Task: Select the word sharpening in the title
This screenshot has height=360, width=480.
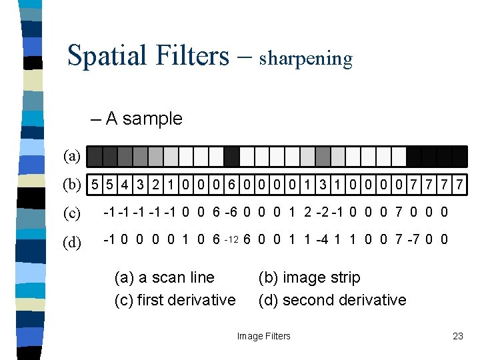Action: (305, 59)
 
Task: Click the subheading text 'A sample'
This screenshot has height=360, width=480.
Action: (143, 119)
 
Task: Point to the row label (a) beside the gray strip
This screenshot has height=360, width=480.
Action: (72, 157)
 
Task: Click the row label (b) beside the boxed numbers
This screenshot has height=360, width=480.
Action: (72, 183)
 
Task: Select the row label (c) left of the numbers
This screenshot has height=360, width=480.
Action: (72, 213)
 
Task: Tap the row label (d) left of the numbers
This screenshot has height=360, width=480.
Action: (72, 241)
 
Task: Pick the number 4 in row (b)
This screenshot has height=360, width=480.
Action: (125, 183)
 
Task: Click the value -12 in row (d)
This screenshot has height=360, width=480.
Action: (231, 240)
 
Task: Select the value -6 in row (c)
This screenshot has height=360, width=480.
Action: (231, 213)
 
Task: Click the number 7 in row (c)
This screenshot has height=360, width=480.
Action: (399, 213)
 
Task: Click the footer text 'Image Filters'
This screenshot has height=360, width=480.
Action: (264, 336)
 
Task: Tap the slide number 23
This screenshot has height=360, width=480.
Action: (457, 336)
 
